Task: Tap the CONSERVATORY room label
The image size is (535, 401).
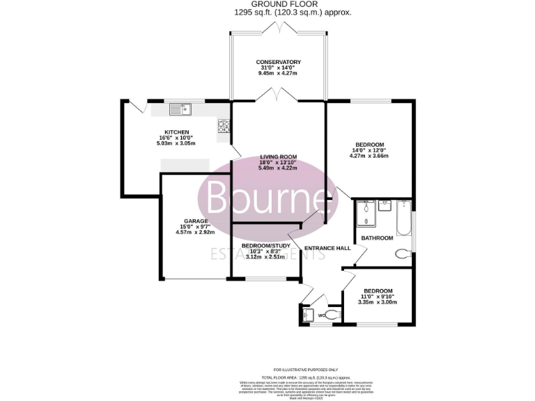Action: tap(277, 61)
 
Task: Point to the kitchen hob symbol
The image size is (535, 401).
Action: tap(224, 126)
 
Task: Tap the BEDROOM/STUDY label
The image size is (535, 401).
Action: tap(265, 246)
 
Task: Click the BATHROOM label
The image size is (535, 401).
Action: tap(377, 238)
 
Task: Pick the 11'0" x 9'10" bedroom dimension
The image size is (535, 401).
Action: tap(378, 297)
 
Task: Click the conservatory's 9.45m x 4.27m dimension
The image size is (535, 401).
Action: tap(277, 72)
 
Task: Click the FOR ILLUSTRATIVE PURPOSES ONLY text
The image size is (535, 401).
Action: tap(305, 370)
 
